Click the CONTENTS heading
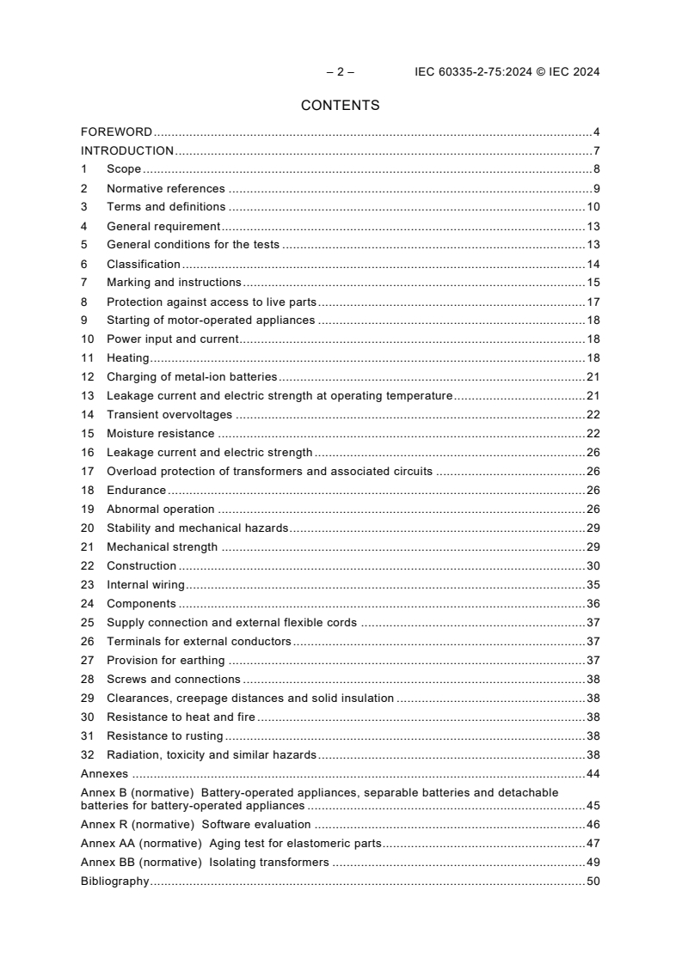[340, 106]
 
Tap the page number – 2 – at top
[340, 72]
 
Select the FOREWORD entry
[116, 132]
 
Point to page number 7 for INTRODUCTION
[596, 151]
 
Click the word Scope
[124, 170]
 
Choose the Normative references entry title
[165, 189]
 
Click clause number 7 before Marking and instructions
[84, 283]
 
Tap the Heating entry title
[127, 358]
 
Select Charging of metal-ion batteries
[192, 377]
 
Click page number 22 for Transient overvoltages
[593, 415]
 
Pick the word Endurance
[136, 491]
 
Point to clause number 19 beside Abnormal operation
[87, 509]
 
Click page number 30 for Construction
[593, 566]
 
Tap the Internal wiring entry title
[145, 585]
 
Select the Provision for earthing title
[165, 661]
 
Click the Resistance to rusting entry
[164, 736]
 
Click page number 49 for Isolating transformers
[593, 863]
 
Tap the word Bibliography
[114, 882]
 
